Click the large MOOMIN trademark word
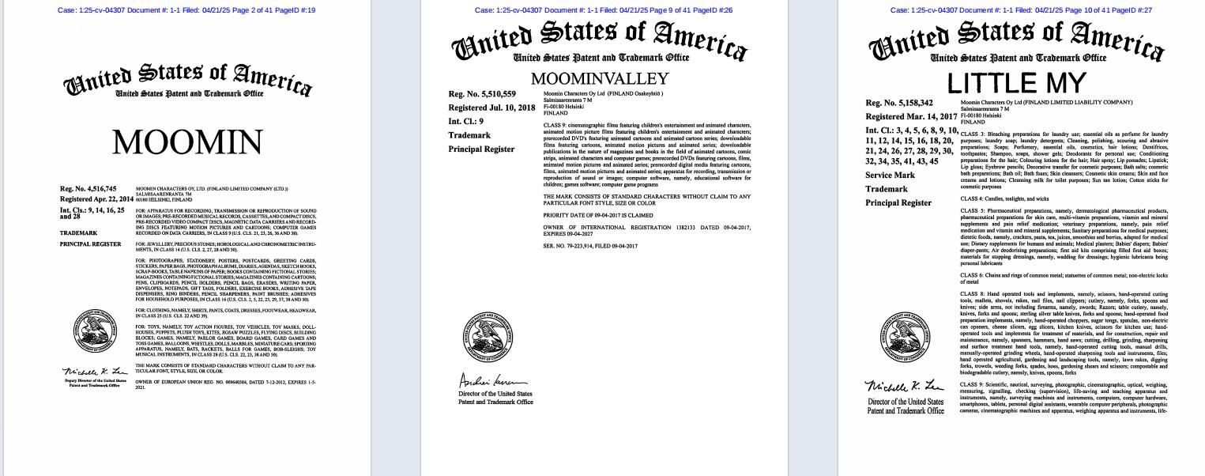[x=186, y=143]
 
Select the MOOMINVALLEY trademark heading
[x=600, y=79]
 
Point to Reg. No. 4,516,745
[x=88, y=189]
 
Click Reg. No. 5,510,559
[x=482, y=94]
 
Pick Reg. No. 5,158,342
[x=899, y=103]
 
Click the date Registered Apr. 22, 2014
[x=97, y=199]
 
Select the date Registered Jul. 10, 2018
[x=491, y=108]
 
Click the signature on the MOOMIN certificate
[x=95, y=372]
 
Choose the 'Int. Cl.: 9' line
[x=466, y=122]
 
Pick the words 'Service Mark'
[x=890, y=176]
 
